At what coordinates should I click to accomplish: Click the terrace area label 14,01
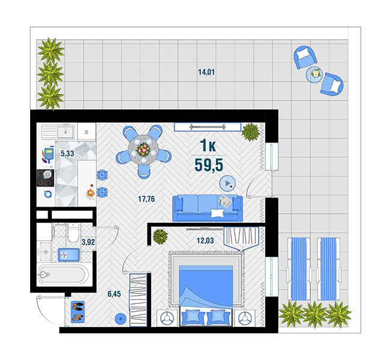coord(206,72)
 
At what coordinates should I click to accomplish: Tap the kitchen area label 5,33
coord(67,154)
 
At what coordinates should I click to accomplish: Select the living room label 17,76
coord(146,199)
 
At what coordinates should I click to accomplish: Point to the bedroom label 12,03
coord(205,240)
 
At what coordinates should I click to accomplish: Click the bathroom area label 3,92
coord(88,242)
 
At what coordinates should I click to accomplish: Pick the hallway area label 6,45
coord(114,294)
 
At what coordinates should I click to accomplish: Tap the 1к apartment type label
coord(208,146)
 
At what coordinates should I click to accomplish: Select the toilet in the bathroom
coord(73,232)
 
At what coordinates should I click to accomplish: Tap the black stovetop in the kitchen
coord(45,178)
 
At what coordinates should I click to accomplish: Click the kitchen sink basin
coord(66,131)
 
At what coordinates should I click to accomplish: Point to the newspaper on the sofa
coord(226,201)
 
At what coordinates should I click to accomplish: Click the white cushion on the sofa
coord(217,213)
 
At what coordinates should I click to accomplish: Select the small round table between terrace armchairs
coord(315,74)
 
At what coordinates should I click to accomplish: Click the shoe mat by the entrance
coord(78,312)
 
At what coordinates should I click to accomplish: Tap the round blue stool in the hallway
coord(121,318)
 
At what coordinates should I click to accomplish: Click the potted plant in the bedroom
coord(160,236)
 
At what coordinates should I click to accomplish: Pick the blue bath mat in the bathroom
coord(69,255)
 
